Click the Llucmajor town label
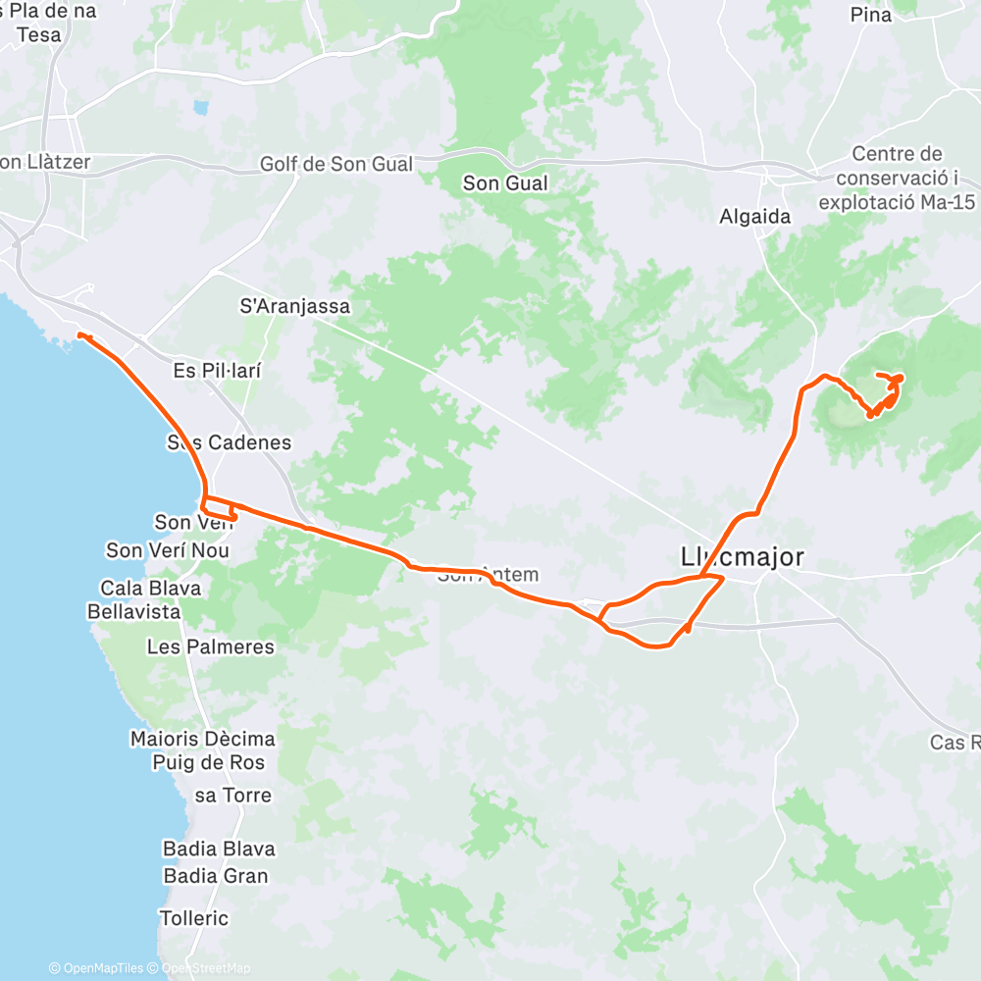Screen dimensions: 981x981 tap(742, 558)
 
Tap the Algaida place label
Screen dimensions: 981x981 tap(755, 217)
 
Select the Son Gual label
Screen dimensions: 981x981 tap(505, 183)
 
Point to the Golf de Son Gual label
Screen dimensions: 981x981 tap(336, 164)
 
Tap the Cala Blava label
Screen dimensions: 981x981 tap(150, 589)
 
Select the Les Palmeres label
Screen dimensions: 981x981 tap(210, 647)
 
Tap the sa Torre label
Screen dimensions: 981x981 tap(233, 796)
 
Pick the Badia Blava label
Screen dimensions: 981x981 tap(219, 849)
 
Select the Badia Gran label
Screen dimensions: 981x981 tap(216, 876)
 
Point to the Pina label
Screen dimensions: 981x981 tap(871, 15)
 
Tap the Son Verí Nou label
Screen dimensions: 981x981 tap(168, 550)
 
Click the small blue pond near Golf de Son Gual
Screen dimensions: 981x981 tap(201, 107)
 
